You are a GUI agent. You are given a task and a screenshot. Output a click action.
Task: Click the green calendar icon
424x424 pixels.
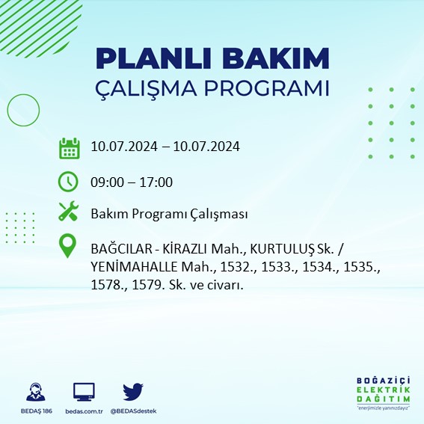click(69, 147)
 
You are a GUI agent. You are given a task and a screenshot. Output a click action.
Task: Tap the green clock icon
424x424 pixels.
click(69, 182)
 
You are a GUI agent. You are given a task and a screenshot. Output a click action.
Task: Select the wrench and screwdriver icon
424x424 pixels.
click(69, 213)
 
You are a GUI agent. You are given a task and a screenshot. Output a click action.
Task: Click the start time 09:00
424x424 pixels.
click(106, 182)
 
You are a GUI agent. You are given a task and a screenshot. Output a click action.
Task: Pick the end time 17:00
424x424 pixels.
click(157, 182)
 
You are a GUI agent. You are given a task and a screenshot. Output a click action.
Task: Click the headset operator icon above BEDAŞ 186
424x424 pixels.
click(34, 392)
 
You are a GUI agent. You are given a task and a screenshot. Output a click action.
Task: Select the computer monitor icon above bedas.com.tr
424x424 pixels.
click(84, 392)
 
